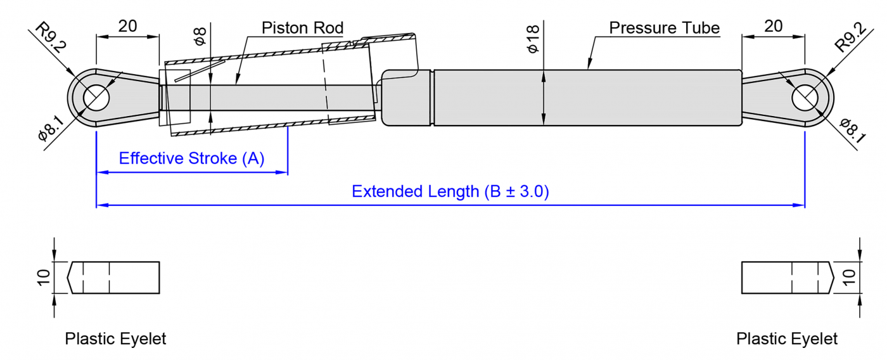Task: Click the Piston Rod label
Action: tap(302, 28)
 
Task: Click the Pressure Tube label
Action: tap(664, 28)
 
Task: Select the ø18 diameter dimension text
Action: tap(532, 39)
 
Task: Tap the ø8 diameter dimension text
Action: tap(200, 36)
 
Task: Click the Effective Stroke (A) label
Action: tap(191, 158)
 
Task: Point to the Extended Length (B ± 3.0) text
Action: tap(450, 191)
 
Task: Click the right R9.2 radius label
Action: tap(850, 37)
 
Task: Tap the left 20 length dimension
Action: tap(127, 26)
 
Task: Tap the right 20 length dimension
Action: tap(773, 26)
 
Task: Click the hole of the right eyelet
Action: tap(805, 98)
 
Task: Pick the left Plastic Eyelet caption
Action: tap(115, 339)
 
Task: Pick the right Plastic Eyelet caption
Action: tap(786, 339)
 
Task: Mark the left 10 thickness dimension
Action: tap(43, 278)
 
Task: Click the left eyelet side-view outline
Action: tap(114, 278)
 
